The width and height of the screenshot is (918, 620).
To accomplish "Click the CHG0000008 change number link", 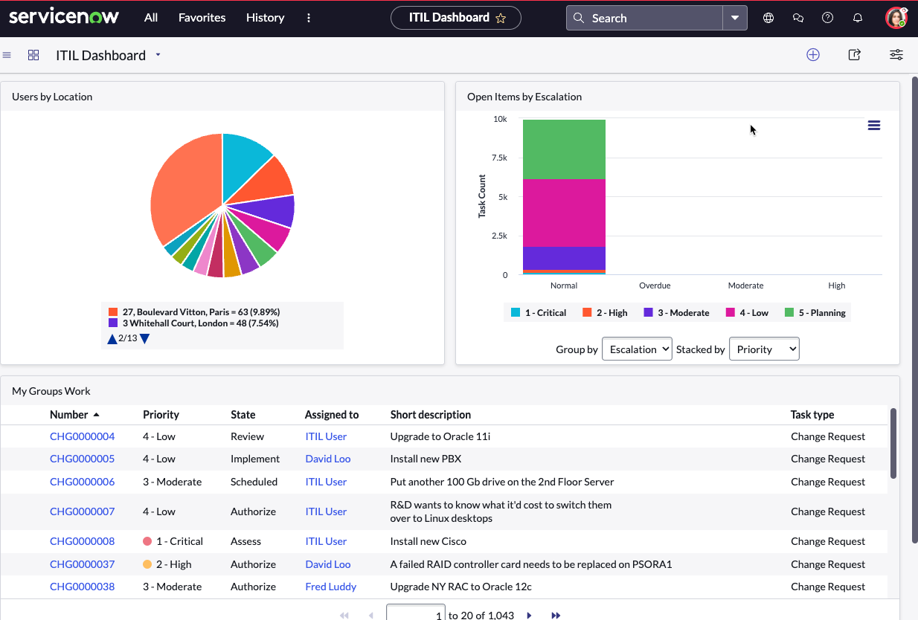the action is [x=82, y=541].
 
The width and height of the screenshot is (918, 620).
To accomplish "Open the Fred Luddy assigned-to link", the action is [x=331, y=587].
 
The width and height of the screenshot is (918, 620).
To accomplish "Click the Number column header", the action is [x=69, y=414].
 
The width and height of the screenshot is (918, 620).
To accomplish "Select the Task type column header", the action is [x=812, y=414].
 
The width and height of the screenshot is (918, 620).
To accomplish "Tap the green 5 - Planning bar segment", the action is [x=564, y=149].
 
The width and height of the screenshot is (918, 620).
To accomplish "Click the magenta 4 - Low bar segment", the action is [x=564, y=213].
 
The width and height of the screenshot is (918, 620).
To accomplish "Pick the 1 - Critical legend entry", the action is [x=539, y=312].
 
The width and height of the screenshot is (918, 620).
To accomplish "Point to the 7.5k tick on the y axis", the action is [x=499, y=158].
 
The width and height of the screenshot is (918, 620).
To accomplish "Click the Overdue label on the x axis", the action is [x=655, y=285].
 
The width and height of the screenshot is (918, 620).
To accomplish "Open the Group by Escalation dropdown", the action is [x=637, y=349].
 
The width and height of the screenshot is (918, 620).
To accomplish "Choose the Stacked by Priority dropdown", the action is [x=764, y=349].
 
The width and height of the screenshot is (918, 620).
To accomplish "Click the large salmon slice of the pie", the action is [x=184, y=188].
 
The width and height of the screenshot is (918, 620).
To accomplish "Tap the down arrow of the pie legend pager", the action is [x=144, y=339].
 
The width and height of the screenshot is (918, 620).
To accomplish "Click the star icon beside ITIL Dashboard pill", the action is [x=501, y=18].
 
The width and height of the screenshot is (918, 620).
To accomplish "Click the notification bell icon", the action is [x=857, y=18].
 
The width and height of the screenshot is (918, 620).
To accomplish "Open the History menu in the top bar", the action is [x=265, y=18].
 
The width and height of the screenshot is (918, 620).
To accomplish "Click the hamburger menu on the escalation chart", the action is [x=874, y=126].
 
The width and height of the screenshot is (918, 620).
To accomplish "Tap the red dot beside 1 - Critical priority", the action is [x=147, y=541].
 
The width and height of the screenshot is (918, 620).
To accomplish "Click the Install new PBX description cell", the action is [x=426, y=459].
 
